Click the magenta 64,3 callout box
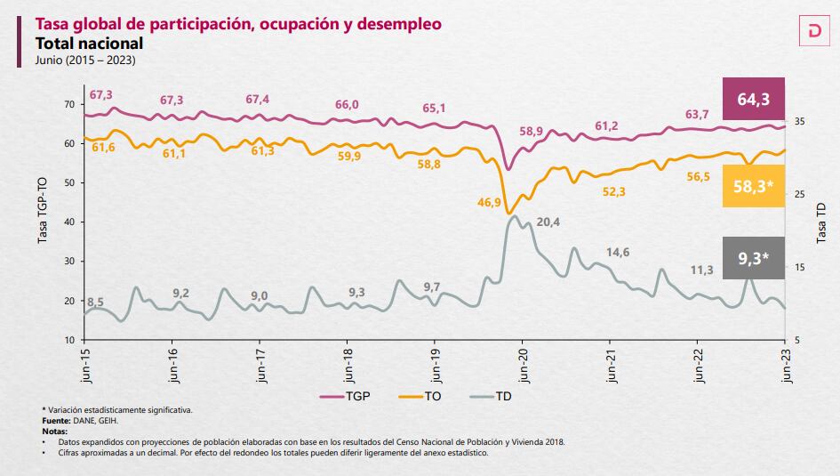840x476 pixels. [x=753, y=99]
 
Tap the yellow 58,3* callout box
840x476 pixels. [x=753, y=186]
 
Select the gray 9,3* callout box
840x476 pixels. [x=753, y=258]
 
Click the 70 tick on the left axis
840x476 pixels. [x=69, y=105]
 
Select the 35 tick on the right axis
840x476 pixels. [x=798, y=121]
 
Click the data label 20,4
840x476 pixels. [x=548, y=222]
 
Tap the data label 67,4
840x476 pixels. [x=258, y=99]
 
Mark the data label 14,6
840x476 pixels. [x=618, y=253]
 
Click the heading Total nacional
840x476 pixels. [x=89, y=44]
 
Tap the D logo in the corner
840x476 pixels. [x=812, y=31]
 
